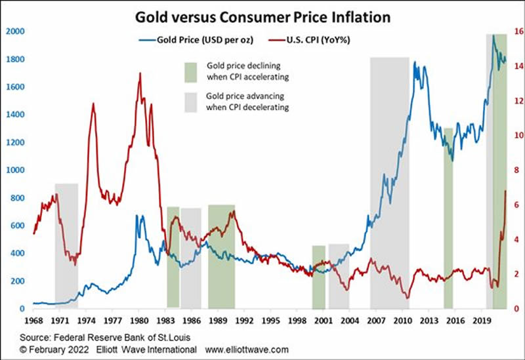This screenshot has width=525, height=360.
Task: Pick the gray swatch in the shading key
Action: tap(190, 101)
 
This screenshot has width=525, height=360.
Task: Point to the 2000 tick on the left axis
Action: tap(15, 31)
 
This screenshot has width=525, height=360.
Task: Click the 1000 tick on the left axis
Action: tap(15, 170)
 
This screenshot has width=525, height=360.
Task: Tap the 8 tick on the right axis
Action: tap(516, 170)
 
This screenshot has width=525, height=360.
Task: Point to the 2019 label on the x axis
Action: tap(482, 321)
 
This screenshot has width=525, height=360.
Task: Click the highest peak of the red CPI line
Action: tap(140, 73)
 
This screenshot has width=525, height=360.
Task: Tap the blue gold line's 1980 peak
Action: tap(138, 215)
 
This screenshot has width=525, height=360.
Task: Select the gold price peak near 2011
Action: tap(415, 62)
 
